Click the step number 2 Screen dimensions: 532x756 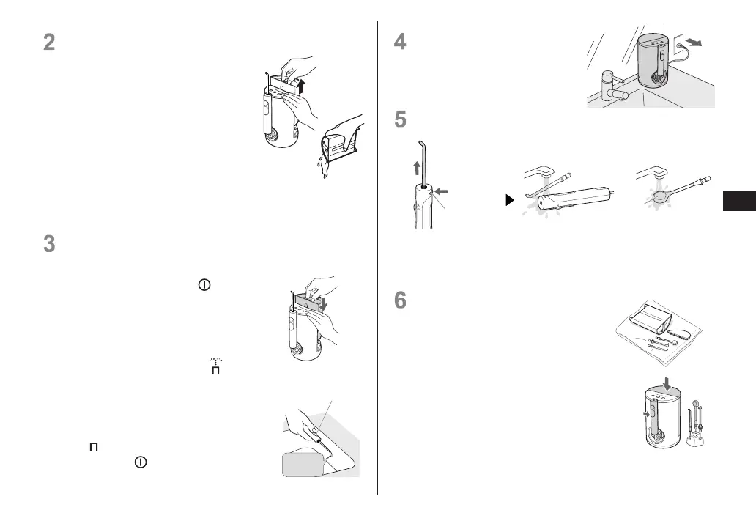click(x=49, y=43)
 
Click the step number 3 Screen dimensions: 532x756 click(x=49, y=244)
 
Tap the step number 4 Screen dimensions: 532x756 click(x=400, y=43)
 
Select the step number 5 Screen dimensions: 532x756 click(x=400, y=119)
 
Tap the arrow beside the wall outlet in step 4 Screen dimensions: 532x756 click(x=701, y=43)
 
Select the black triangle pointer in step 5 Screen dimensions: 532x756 click(x=511, y=200)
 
